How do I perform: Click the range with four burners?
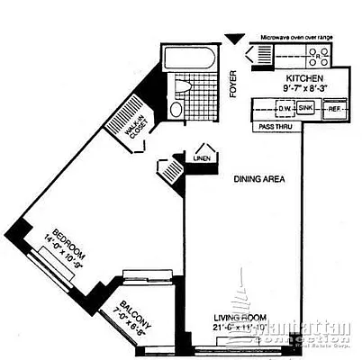[x=318, y=58]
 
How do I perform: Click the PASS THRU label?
[x=273, y=128]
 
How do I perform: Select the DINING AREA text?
[x=259, y=178]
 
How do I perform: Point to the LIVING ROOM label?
[x=237, y=319]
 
